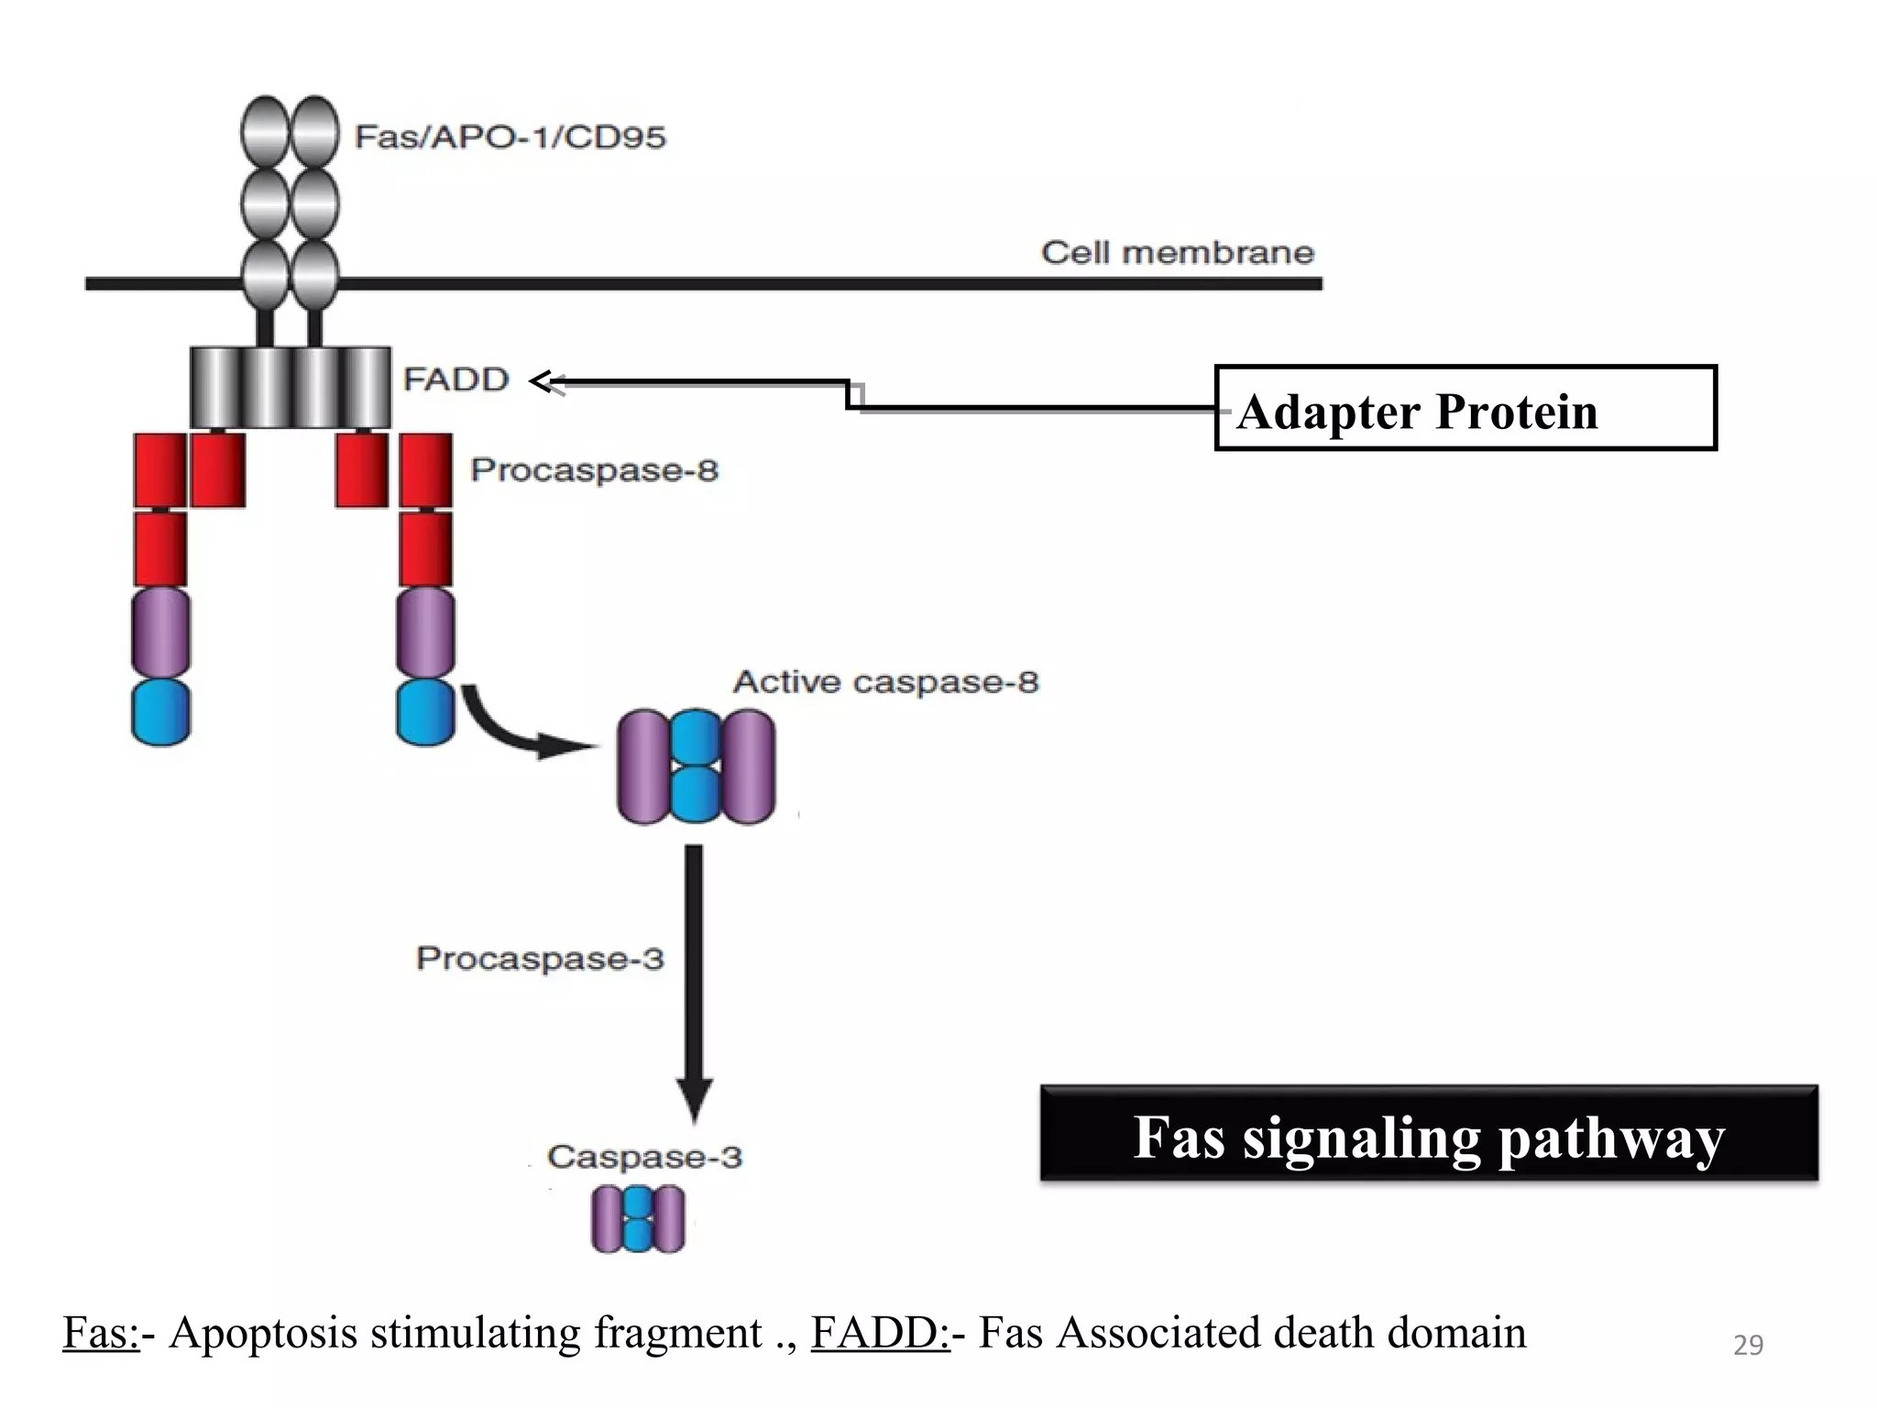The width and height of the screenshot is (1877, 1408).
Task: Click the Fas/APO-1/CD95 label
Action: pos(510,137)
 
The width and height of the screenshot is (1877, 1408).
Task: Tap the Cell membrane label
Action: pos(1177,253)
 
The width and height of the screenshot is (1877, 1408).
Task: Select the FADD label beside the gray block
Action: pos(456,379)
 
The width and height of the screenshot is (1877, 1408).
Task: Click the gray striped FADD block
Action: pos(290,387)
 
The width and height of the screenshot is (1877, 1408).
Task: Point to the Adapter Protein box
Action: pos(1465,409)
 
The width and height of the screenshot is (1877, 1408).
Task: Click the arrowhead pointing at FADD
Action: pos(543,381)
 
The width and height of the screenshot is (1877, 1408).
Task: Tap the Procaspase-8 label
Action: pos(594,470)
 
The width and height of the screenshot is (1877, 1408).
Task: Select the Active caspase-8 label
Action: pos(885,682)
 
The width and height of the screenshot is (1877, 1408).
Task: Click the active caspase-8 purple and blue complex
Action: pos(696,766)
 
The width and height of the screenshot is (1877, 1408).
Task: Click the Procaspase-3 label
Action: pos(540,959)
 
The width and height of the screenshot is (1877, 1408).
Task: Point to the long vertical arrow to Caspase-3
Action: pos(694,981)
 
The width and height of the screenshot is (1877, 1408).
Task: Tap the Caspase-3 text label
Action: pos(644,1157)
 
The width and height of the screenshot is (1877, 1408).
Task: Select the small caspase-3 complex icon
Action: pos(638,1219)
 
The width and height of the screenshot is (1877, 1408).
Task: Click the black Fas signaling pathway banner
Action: pos(1428,1135)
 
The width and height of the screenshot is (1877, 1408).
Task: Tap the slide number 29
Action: pos(1748,1345)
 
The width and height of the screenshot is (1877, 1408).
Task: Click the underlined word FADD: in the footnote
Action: pos(880,1333)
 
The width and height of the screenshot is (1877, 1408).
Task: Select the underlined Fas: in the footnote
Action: pos(101,1333)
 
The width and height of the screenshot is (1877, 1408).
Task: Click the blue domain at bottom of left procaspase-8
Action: pos(160,711)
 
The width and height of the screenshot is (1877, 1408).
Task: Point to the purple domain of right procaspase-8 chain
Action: pos(425,632)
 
